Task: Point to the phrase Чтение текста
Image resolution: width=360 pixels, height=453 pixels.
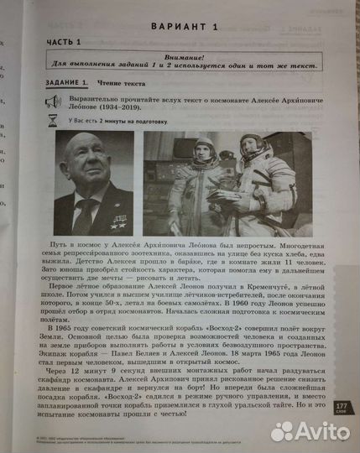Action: (x=123, y=83)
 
